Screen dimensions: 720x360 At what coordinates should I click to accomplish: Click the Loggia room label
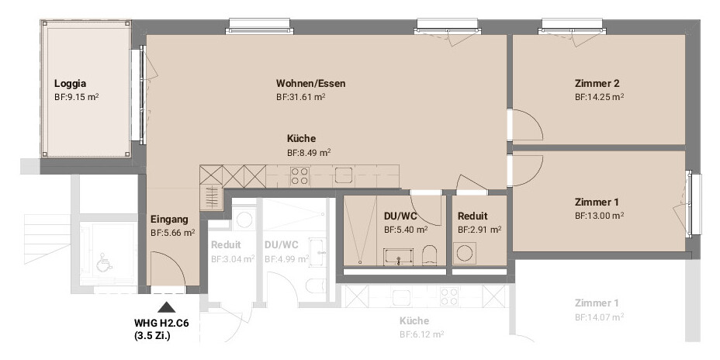click(71, 84)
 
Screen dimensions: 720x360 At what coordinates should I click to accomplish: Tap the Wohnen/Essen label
click(311, 84)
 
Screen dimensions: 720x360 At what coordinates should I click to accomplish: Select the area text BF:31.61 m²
click(301, 97)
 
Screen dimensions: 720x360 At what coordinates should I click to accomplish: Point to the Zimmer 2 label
click(597, 84)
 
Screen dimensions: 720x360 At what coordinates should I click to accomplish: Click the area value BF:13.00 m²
click(599, 216)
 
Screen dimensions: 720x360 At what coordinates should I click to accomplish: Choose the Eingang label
click(169, 220)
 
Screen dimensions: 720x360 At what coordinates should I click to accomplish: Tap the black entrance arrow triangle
click(167, 307)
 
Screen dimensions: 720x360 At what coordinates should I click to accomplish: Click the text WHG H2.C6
click(161, 324)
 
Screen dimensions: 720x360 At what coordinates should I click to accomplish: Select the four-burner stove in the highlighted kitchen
click(299, 176)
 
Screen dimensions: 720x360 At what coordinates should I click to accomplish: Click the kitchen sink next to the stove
click(344, 175)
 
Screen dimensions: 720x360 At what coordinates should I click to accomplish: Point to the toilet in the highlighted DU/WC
click(429, 255)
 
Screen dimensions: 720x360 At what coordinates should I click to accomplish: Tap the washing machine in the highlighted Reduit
click(466, 254)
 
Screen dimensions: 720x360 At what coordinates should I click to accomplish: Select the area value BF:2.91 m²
click(479, 229)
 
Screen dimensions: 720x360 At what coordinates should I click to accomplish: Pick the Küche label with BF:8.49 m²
click(301, 138)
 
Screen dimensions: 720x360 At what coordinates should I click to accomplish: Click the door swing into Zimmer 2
click(528, 125)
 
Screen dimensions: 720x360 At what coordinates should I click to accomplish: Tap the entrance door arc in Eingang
click(174, 262)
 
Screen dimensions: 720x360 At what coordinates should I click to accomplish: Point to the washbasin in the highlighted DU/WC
click(398, 257)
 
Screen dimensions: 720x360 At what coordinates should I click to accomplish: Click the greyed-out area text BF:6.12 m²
click(421, 334)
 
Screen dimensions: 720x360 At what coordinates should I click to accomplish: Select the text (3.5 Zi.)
click(153, 336)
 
